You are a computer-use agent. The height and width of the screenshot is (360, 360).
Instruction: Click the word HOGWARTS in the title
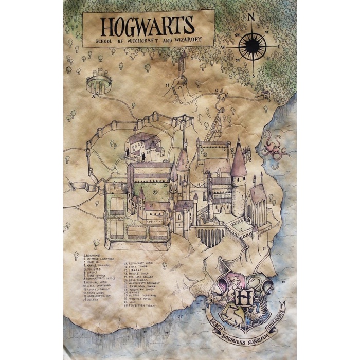pyautogui.click(x=147, y=26)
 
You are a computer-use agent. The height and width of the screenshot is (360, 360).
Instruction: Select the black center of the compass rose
pyautogui.click(x=252, y=46)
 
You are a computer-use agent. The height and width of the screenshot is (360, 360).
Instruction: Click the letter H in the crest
pyautogui.click(x=245, y=299)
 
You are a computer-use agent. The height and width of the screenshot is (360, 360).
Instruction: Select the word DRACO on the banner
pyautogui.click(x=215, y=315)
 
